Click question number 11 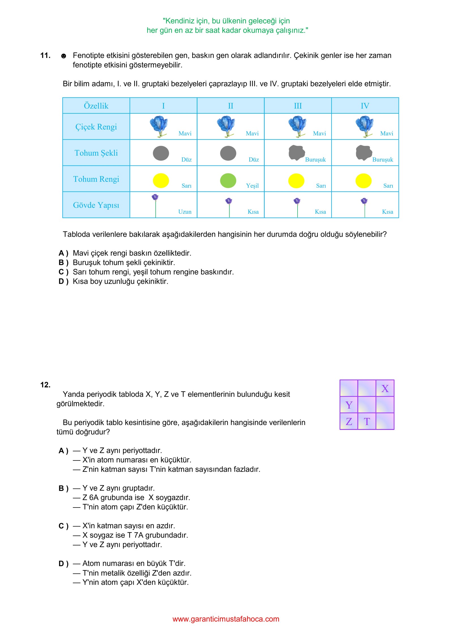point(45,56)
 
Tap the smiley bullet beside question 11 point(64,56)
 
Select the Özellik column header point(96,106)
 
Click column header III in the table point(298,106)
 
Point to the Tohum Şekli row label point(96,153)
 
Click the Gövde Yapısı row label point(96,205)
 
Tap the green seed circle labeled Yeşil point(228,181)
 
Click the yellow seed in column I point(161,181)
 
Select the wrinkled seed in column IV point(364,152)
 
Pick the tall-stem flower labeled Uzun point(155,205)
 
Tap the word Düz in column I point(186,160)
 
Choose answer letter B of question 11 point(61,263)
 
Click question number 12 point(45,385)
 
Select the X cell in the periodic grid point(385,389)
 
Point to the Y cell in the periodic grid point(349,405)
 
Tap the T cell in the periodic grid point(367,421)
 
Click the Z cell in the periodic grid point(349,421)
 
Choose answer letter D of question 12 point(61,564)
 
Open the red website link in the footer point(226,619)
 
